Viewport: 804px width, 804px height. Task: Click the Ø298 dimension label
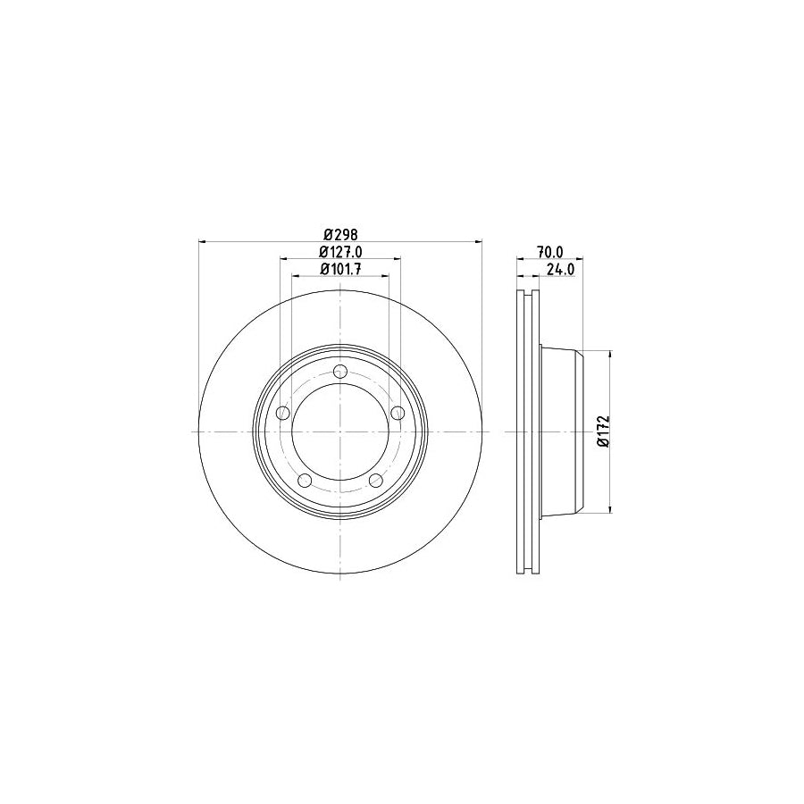pos(339,234)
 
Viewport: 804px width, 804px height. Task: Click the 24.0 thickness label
pos(559,269)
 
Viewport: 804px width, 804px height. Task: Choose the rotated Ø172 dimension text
pos(604,432)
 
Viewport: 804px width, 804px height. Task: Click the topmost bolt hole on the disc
pos(339,373)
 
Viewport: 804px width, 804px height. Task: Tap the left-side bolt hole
pos(283,413)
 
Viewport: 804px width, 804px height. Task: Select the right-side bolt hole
pos(397,413)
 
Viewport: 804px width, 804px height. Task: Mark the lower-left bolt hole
pos(305,481)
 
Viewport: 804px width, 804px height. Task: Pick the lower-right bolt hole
pos(375,481)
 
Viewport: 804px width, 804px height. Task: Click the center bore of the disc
pos(339,431)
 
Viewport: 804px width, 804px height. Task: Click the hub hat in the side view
pos(561,431)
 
